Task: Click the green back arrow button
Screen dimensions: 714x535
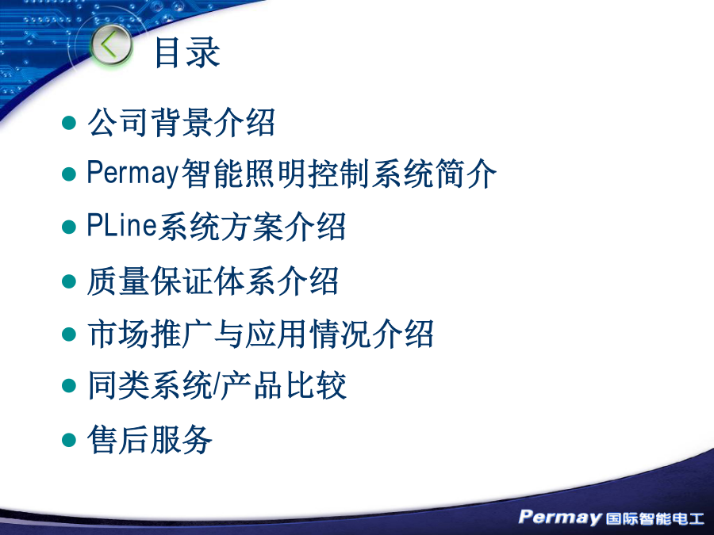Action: [x=111, y=44]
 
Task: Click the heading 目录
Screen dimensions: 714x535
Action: [x=187, y=52]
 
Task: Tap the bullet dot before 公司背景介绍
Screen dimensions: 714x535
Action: [x=69, y=122]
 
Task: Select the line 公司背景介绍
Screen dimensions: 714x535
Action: [x=181, y=122]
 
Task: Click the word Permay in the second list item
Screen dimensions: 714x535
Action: [x=132, y=174]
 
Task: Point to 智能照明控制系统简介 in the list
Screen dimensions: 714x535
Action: [x=339, y=174]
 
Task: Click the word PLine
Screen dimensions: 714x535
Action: [x=122, y=226]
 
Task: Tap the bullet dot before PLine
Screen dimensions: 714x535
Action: [x=69, y=227]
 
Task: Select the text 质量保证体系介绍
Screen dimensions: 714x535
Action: [x=213, y=281]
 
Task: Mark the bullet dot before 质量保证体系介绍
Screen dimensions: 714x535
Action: [x=69, y=281]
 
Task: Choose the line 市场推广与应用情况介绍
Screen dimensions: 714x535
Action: [x=260, y=334]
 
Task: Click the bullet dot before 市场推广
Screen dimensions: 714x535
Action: [x=69, y=334]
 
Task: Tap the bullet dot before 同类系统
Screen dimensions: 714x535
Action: [x=69, y=386]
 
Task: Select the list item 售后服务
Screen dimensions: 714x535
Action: [x=150, y=439]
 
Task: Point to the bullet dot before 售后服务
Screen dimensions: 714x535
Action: [x=69, y=440]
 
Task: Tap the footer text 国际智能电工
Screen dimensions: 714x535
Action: [x=654, y=518]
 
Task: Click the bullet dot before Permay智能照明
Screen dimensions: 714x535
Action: [x=69, y=174]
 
